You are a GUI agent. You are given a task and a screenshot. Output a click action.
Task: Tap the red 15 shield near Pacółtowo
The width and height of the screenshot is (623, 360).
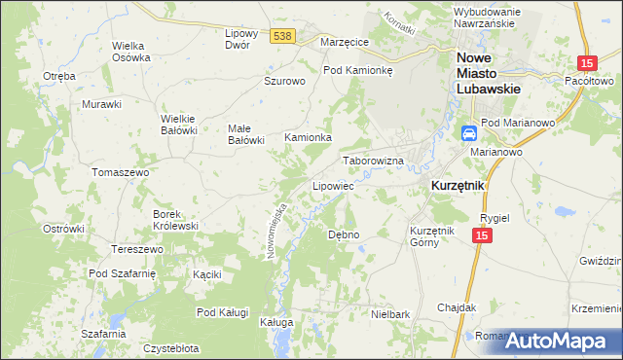585,63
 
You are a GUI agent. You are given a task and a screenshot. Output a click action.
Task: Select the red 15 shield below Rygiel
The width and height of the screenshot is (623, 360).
481,235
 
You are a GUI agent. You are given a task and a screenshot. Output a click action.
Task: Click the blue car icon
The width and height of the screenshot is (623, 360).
468,133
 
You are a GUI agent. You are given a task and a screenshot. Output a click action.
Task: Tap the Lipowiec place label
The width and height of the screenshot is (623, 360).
332,185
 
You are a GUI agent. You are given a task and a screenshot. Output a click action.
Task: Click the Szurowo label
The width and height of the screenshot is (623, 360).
285,82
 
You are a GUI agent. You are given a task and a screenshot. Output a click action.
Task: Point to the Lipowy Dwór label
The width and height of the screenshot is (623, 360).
240,38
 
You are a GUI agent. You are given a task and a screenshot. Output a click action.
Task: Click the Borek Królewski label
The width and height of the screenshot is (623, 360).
175,220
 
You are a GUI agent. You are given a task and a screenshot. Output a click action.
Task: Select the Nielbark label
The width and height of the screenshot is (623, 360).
390,314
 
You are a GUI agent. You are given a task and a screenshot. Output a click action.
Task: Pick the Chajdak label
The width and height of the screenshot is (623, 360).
457,306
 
